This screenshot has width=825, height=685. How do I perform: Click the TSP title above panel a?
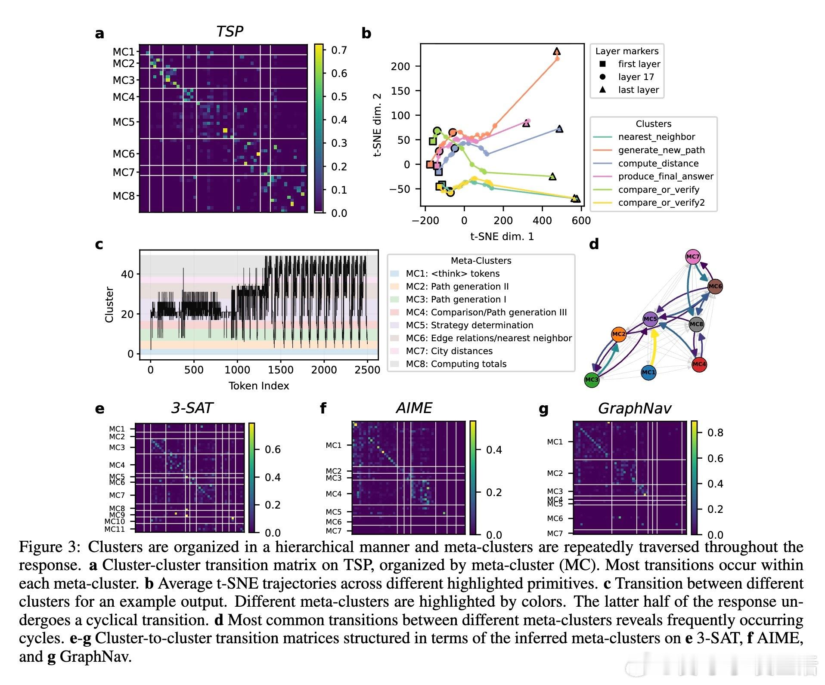click(x=230, y=31)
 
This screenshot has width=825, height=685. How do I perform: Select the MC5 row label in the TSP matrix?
click(x=124, y=122)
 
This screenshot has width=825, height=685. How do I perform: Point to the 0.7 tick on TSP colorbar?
click(x=339, y=50)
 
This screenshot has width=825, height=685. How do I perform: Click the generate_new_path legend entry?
click(x=661, y=150)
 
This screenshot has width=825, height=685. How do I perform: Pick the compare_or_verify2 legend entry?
click(x=661, y=203)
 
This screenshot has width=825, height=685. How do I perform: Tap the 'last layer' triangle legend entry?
click(x=638, y=90)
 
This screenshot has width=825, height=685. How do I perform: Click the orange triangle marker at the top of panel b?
click(x=557, y=52)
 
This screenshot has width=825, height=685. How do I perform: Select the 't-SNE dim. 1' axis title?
click(x=502, y=236)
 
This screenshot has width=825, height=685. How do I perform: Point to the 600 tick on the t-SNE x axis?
click(x=581, y=221)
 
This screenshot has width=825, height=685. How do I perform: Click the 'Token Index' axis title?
click(x=258, y=386)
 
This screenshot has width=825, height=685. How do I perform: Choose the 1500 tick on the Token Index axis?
click(x=280, y=370)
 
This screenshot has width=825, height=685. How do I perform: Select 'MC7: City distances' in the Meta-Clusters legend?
click(x=449, y=351)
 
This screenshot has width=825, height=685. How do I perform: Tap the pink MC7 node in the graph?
click(x=693, y=257)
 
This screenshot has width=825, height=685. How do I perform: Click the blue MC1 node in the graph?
click(x=648, y=372)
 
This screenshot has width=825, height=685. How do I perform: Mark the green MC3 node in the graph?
click(x=592, y=380)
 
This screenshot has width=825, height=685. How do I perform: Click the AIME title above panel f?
click(x=414, y=408)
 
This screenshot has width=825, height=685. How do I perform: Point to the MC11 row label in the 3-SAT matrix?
click(x=115, y=529)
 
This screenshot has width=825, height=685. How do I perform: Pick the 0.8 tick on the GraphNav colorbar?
click(x=715, y=433)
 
